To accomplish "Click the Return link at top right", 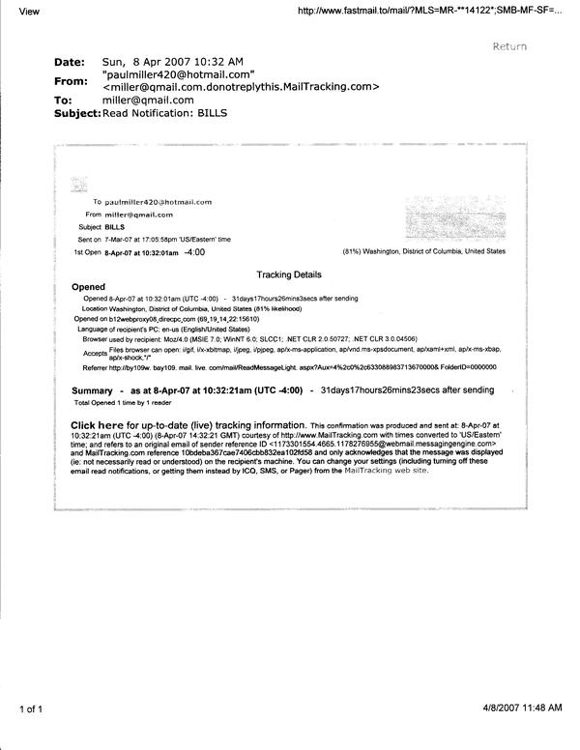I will tap(509, 45).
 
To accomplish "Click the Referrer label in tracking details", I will tap(96, 368).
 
